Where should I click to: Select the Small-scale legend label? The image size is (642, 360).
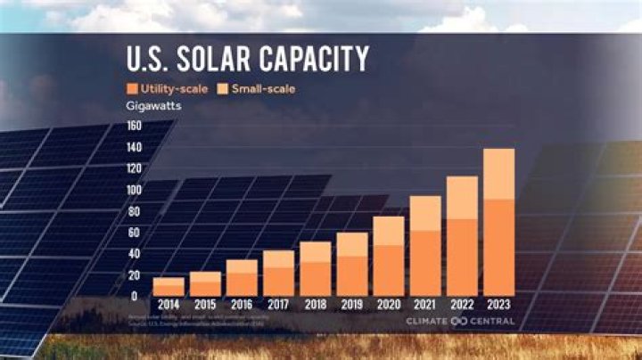[263, 89]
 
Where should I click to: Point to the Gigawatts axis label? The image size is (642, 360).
[152, 107]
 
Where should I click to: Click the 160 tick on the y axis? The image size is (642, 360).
[133, 126]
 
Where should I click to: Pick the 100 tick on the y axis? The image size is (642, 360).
[133, 190]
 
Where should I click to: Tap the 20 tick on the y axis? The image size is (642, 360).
[135, 274]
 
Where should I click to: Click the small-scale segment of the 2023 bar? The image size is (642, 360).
[498, 174]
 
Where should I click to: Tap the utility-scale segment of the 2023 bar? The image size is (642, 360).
[498, 248]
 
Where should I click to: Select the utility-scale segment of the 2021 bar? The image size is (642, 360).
[425, 263]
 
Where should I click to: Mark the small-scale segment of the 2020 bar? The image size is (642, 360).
[388, 231]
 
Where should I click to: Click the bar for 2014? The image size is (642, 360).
[169, 286]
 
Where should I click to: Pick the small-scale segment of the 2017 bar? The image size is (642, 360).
[278, 258]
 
